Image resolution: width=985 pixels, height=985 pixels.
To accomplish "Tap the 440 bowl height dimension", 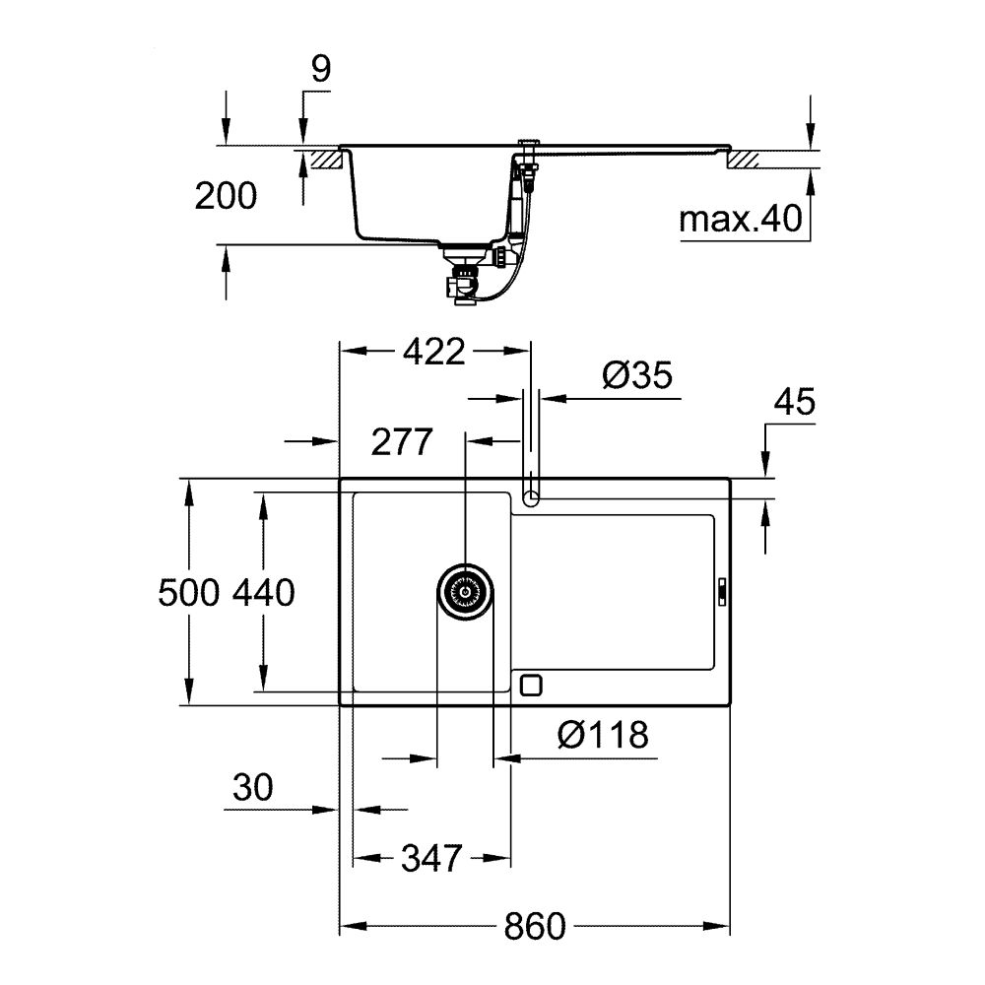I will click(x=263, y=593).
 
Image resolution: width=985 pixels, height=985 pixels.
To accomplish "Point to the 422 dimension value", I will click(x=432, y=351).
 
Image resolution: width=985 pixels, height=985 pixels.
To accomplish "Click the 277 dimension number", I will click(x=401, y=443).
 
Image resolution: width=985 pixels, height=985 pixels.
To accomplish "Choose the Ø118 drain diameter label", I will click(x=602, y=735).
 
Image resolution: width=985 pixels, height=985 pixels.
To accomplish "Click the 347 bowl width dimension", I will click(x=431, y=859).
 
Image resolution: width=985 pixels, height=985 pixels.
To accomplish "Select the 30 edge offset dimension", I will click(x=253, y=787).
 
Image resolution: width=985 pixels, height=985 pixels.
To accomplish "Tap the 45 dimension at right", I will click(x=794, y=404).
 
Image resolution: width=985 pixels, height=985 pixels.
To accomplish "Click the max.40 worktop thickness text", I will click(x=741, y=220).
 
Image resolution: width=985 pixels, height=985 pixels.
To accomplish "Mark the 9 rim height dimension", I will click(x=321, y=69).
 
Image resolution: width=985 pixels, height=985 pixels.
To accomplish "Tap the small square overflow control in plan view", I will click(x=531, y=683).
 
